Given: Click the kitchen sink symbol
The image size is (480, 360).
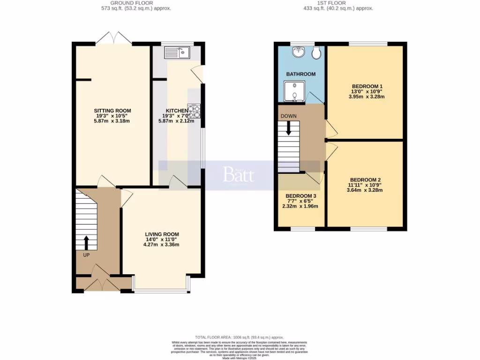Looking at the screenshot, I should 176,52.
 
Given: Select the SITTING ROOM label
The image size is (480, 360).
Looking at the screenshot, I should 112,111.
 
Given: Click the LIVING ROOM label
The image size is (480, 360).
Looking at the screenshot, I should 162,234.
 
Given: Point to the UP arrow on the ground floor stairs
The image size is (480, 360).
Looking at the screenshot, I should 86,243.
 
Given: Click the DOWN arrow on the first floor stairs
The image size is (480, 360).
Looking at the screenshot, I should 288,128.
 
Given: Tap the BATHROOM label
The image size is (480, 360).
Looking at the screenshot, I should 300,74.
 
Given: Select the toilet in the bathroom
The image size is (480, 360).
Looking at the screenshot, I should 317,53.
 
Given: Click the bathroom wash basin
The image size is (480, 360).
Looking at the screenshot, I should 298,52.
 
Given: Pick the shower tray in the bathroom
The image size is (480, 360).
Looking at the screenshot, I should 294,91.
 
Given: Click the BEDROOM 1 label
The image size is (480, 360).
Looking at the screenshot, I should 367,86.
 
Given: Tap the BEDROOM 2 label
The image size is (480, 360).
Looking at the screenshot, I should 365,180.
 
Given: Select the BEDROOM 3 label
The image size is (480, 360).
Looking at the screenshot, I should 300,196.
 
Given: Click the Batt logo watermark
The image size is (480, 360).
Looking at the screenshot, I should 239,175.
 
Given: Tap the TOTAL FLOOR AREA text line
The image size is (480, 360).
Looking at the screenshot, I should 239,337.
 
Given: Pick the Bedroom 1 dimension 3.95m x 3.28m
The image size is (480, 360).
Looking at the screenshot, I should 367,97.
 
